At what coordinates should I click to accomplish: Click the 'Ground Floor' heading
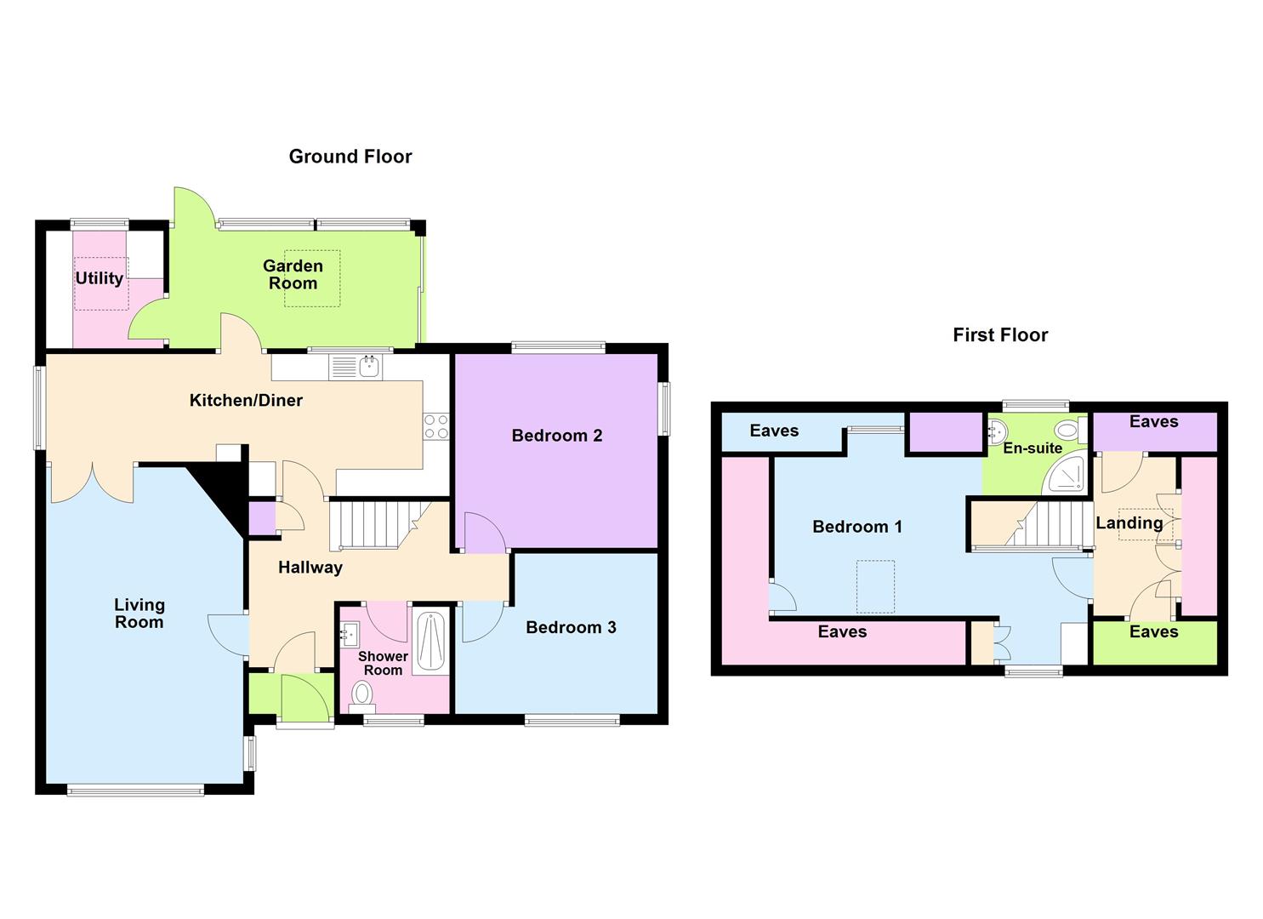pyautogui.click(x=350, y=157)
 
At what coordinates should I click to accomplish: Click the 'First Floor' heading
pyautogui.click(x=1000, y=335)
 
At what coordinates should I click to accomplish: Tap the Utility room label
pyautogui.click(x=100, y=278)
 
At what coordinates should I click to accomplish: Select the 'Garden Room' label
pyautogui.click(x=293, y=275)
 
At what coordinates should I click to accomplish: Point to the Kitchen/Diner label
pyautogui.click(x=246, y=401)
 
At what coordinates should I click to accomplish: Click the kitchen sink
pyautogui.click(x=370, y=368)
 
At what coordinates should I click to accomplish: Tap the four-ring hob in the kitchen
pyautogui.click(x=436, y=426)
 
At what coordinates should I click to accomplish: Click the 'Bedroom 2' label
pyautogui.click(x=557, y=436)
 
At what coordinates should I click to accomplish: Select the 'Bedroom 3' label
pyautogui.click(x=571, y=628)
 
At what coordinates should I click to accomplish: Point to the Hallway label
pyautogui.click(x=310, y=568)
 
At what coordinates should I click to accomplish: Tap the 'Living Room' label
pyautogui.click(x=139, y=614)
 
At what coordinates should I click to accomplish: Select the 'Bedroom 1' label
pyautogui.click(x=857, y=527)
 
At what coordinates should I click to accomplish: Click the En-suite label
pyautogui.click(x=1033, y=448)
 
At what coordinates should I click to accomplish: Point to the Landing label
pyautogui.click(x=1129, y=523)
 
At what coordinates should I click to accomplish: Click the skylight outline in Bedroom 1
pyautogui.click(x=875, y=586)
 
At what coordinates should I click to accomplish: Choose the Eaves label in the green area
pyautogui.click(x=1154, y=632)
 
